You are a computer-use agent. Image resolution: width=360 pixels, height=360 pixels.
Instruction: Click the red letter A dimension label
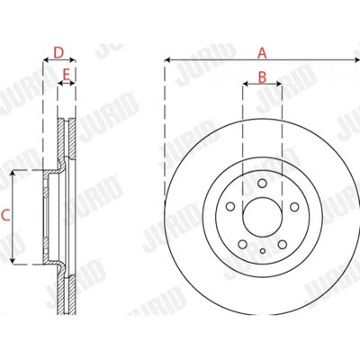point(262,53)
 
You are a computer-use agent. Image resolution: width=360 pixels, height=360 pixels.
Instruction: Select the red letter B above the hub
point(262,77)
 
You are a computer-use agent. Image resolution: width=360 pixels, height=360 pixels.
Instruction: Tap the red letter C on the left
point(5,215)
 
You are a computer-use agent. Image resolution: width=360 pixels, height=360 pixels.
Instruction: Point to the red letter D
point(58,53)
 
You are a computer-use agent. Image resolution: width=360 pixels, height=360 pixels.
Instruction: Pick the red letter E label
point(66,74)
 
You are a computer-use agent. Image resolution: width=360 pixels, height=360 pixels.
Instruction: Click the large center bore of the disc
point(262,217)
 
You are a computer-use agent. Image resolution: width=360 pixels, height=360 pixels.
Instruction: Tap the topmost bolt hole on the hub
point(262,184)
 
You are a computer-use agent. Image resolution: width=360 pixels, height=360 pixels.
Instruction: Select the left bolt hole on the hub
point(230,206)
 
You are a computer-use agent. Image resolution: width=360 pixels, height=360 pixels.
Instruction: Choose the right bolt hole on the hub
point(294,206)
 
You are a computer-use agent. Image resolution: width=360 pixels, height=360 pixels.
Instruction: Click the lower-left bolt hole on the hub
point(242,244)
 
